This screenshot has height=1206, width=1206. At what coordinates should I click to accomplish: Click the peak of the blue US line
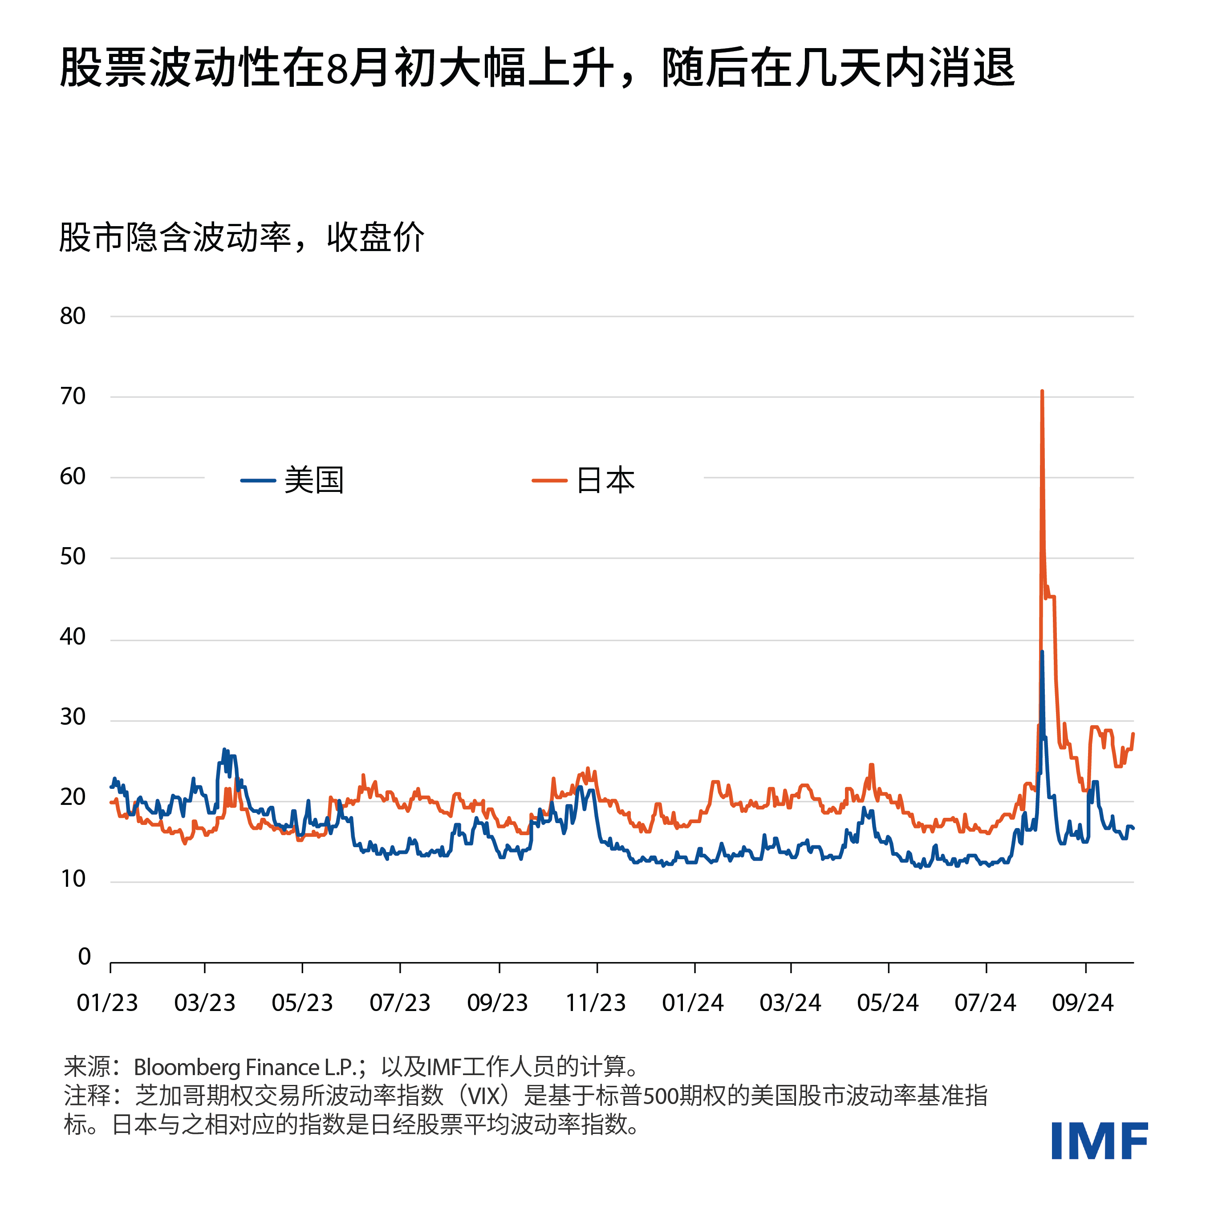pos(1042,652)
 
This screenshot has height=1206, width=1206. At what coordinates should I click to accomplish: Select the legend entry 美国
pos(313,481)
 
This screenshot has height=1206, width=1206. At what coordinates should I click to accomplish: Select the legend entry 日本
pos(605,481)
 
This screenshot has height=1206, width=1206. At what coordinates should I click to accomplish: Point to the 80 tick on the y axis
pos(73,317)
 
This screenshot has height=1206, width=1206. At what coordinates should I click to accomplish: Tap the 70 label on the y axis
pos(73,396)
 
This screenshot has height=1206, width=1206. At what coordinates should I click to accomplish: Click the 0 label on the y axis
pos(84,956)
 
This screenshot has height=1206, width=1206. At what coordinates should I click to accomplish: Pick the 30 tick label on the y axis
pos(73,717)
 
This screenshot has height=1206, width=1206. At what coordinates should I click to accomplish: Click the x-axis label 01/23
pos(107,1003)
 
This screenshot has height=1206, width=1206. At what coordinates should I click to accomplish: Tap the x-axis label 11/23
pos(596,1003)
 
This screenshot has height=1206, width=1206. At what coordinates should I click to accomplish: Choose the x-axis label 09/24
pos(1083,1003)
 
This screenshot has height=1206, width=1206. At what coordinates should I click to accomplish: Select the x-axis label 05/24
pos(888,1003)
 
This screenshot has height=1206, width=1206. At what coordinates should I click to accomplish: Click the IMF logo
pos(1099,1141)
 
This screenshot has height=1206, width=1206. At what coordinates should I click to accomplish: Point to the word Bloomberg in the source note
pos(187,1068)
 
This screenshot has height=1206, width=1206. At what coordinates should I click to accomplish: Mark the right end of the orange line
pos(1133,734)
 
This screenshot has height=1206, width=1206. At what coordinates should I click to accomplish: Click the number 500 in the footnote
pos(658,1096)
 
